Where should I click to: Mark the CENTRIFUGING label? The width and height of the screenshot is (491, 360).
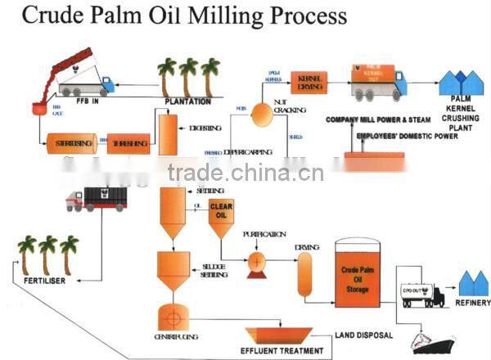tap(175, 336)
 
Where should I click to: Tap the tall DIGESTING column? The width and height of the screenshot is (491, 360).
tap(169, 133)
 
